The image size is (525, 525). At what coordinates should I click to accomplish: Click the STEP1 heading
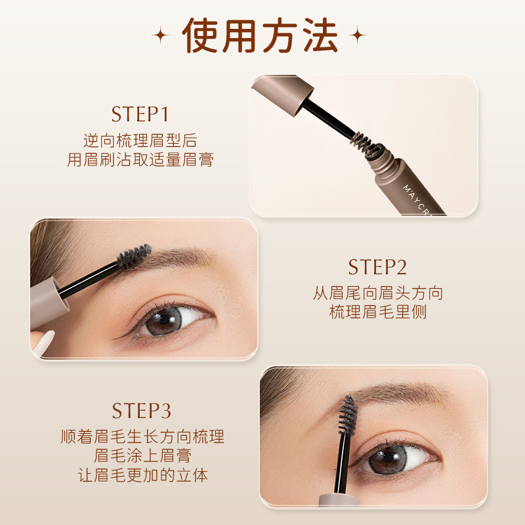click(140, 114)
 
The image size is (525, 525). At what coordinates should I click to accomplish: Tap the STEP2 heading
click(377, 267)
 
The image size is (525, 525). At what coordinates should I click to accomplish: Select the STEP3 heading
click(141, 411)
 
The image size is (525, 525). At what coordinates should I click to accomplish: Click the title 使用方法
click(259, 35)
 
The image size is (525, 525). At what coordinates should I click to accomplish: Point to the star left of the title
click(160, 35)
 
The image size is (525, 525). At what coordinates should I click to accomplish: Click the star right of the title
click(357, 35)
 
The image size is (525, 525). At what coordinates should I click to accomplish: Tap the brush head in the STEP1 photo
click(367, 144)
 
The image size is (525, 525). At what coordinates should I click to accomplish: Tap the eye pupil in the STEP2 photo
click(165, 319)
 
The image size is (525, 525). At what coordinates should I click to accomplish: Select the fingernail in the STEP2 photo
click(45, 343)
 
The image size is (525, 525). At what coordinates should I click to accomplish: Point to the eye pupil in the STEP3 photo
click(388, 457)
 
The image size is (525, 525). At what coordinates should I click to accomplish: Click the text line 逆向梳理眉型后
click(140, 140)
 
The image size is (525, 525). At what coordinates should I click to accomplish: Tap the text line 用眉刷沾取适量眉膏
click(140, 159)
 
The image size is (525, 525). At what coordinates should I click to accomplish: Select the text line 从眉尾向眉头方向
click(378, 293)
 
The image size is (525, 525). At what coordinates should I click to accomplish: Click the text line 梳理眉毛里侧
click(378, 312)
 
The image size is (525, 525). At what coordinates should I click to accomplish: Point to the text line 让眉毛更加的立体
click(142, 474)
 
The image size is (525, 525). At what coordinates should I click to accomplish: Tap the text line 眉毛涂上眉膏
click(142, 455)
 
